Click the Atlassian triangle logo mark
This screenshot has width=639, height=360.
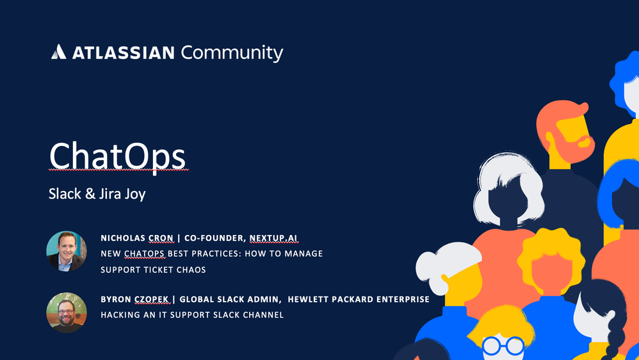pyautogui.click(x=58, y=52)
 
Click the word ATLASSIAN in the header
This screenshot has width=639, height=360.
pyautogui.click(x=124, y=53)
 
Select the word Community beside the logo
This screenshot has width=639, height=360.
pyautogui.click(x=232, y=53)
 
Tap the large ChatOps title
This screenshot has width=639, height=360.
pyautogui.click(x=117, y=157)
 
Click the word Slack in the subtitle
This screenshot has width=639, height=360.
pyautogui.click(x=65, y=193)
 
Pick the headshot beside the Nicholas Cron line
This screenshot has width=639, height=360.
pyautogui.click(x=67, y=251)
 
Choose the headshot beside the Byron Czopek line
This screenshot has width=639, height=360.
pyautogui.click(x=67, y=313)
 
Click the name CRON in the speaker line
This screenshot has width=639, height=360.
pyautogui.click(x=161, y=238)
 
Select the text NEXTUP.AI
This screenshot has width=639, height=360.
pyautogui.click(x=273, y=238)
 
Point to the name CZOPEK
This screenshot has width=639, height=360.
pyautogui.click(x=152, y=299)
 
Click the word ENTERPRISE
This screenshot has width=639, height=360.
pyautogui.click(x=403, y=299)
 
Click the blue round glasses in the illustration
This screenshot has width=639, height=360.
pyautogui.click(x=503, y=346)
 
